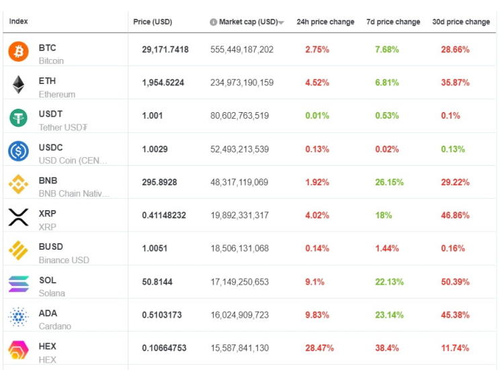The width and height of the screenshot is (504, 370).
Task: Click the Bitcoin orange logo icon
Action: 18,52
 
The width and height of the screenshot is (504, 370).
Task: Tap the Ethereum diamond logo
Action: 18,85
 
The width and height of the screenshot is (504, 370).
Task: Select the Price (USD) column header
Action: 153,22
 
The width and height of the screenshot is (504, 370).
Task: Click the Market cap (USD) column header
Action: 244,22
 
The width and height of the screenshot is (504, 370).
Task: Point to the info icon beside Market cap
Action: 214,22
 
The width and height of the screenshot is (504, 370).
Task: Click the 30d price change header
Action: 460,22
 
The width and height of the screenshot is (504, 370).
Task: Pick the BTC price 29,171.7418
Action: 165,50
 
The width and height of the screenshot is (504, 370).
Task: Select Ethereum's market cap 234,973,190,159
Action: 242,83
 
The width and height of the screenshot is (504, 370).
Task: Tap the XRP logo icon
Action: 18,217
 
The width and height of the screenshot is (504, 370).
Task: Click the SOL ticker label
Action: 48,280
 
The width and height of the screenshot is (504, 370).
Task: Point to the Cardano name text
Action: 55,326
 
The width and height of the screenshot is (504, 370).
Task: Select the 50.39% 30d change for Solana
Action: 455,282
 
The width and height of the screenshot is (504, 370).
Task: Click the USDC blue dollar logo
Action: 18,151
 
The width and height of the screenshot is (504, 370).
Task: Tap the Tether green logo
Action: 18,118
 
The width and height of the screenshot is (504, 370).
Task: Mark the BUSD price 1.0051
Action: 155,248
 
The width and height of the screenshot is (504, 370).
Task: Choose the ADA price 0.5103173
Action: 161,315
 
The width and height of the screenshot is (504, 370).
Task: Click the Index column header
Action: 18,22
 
